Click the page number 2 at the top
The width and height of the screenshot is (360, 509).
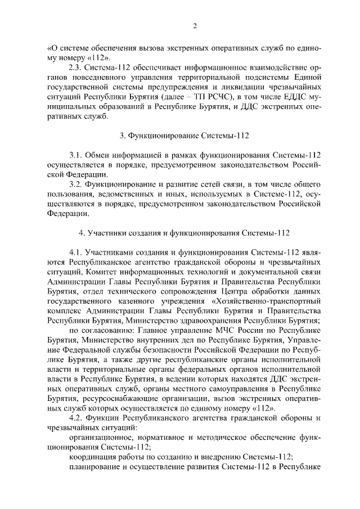click(x=194, y=26)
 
